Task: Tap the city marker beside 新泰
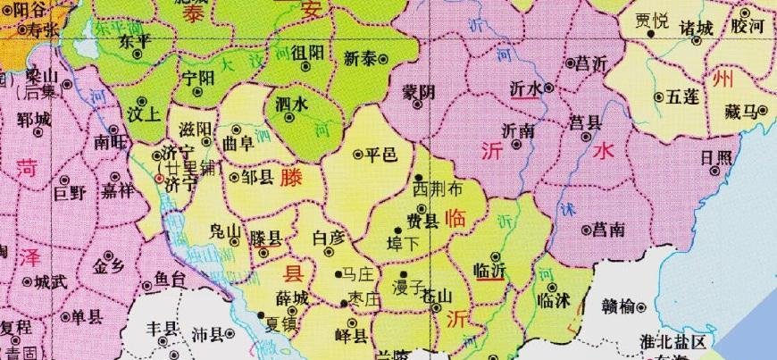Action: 384,59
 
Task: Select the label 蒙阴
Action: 418,92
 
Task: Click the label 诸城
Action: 697,28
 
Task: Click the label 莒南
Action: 610,230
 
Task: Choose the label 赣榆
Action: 618,306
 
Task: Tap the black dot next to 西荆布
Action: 419,178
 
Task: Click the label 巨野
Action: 68,191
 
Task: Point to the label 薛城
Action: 292,297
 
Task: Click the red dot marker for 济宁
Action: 159,179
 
